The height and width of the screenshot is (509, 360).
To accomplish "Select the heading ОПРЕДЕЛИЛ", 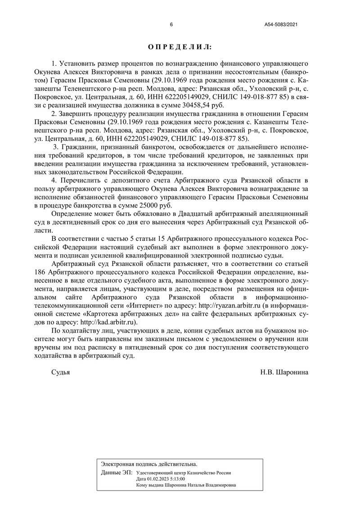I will pyautogui.click(x=180, y=47).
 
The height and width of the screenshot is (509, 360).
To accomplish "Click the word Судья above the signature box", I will pyautogui.click(x=61, y=372).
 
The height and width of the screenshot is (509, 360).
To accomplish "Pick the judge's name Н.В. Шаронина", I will pyautogui.click(x=284, y=372).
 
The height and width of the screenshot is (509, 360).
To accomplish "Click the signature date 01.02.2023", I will pyautogui.click(x=156, y=479).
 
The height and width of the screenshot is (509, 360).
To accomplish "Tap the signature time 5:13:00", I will pyautogui.click(x=176, y=479).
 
